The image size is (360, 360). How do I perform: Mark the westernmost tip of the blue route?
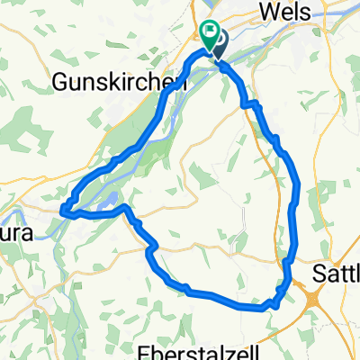coord(63,212)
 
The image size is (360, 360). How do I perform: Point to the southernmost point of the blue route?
coord(265,308)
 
